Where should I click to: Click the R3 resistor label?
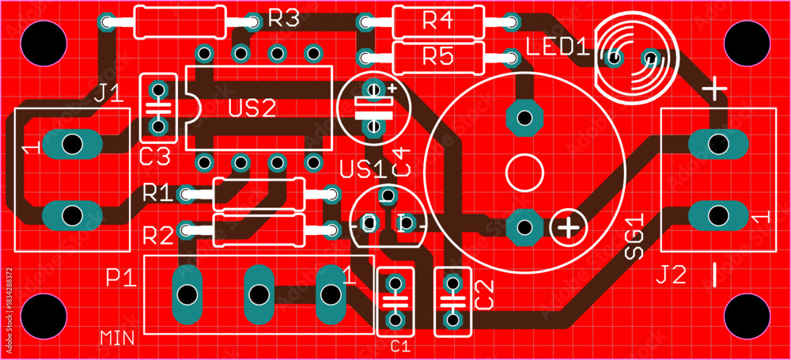(284, 18)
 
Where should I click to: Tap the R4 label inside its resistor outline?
(438, 21)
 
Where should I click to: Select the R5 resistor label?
(438, 58)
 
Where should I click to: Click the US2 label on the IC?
(252, 108)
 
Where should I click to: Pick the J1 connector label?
(109, 93)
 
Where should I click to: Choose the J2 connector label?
(672, 275)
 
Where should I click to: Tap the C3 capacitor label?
(155, 158)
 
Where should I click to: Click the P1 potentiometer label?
(121, 277)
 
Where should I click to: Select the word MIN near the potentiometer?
(117, 338)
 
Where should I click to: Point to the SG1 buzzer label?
(634, 237)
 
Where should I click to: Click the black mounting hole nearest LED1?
(747, 43)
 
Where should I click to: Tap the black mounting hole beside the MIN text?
(44, 316)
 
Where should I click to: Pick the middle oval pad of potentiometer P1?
(259, 294)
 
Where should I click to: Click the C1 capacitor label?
(400, 347)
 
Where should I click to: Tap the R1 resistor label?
(158, 192)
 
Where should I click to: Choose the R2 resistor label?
(158, 235)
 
